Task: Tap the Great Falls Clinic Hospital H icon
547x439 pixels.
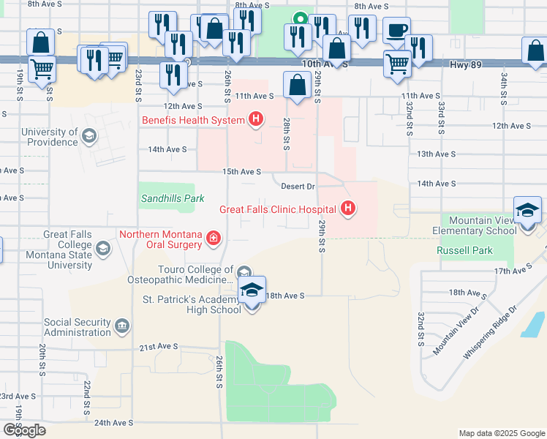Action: coord(348,209)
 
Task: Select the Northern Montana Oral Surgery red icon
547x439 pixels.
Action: coord(213,238)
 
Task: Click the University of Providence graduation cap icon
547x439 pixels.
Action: coord(88,136)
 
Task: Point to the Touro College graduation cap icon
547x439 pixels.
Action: coord(243,272)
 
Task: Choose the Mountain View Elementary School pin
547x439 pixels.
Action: coord(527,212)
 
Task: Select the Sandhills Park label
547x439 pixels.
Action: coord(172,198)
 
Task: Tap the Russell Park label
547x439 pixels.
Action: coord(464,250)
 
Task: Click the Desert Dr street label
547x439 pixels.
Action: coord(298,186)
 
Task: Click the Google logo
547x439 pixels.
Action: coord(24,430)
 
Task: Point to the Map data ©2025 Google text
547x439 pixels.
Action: coord(501,433)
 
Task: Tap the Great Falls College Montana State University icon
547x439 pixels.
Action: coord(103,249)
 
